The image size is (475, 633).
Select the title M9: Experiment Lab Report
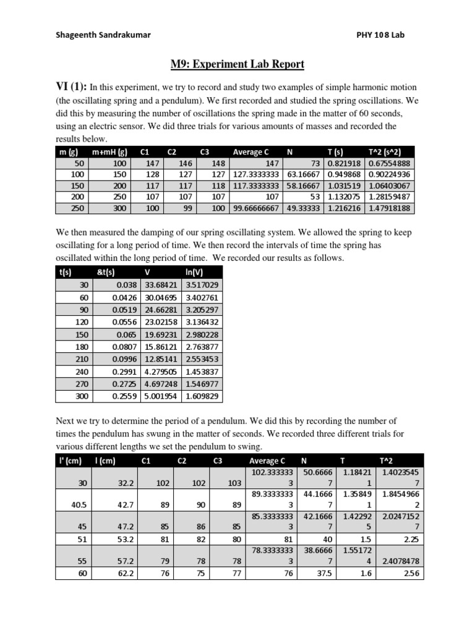pos(237,64)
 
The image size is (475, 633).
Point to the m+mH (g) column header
pos(109,152)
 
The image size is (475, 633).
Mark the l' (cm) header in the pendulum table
pos(70,460)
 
